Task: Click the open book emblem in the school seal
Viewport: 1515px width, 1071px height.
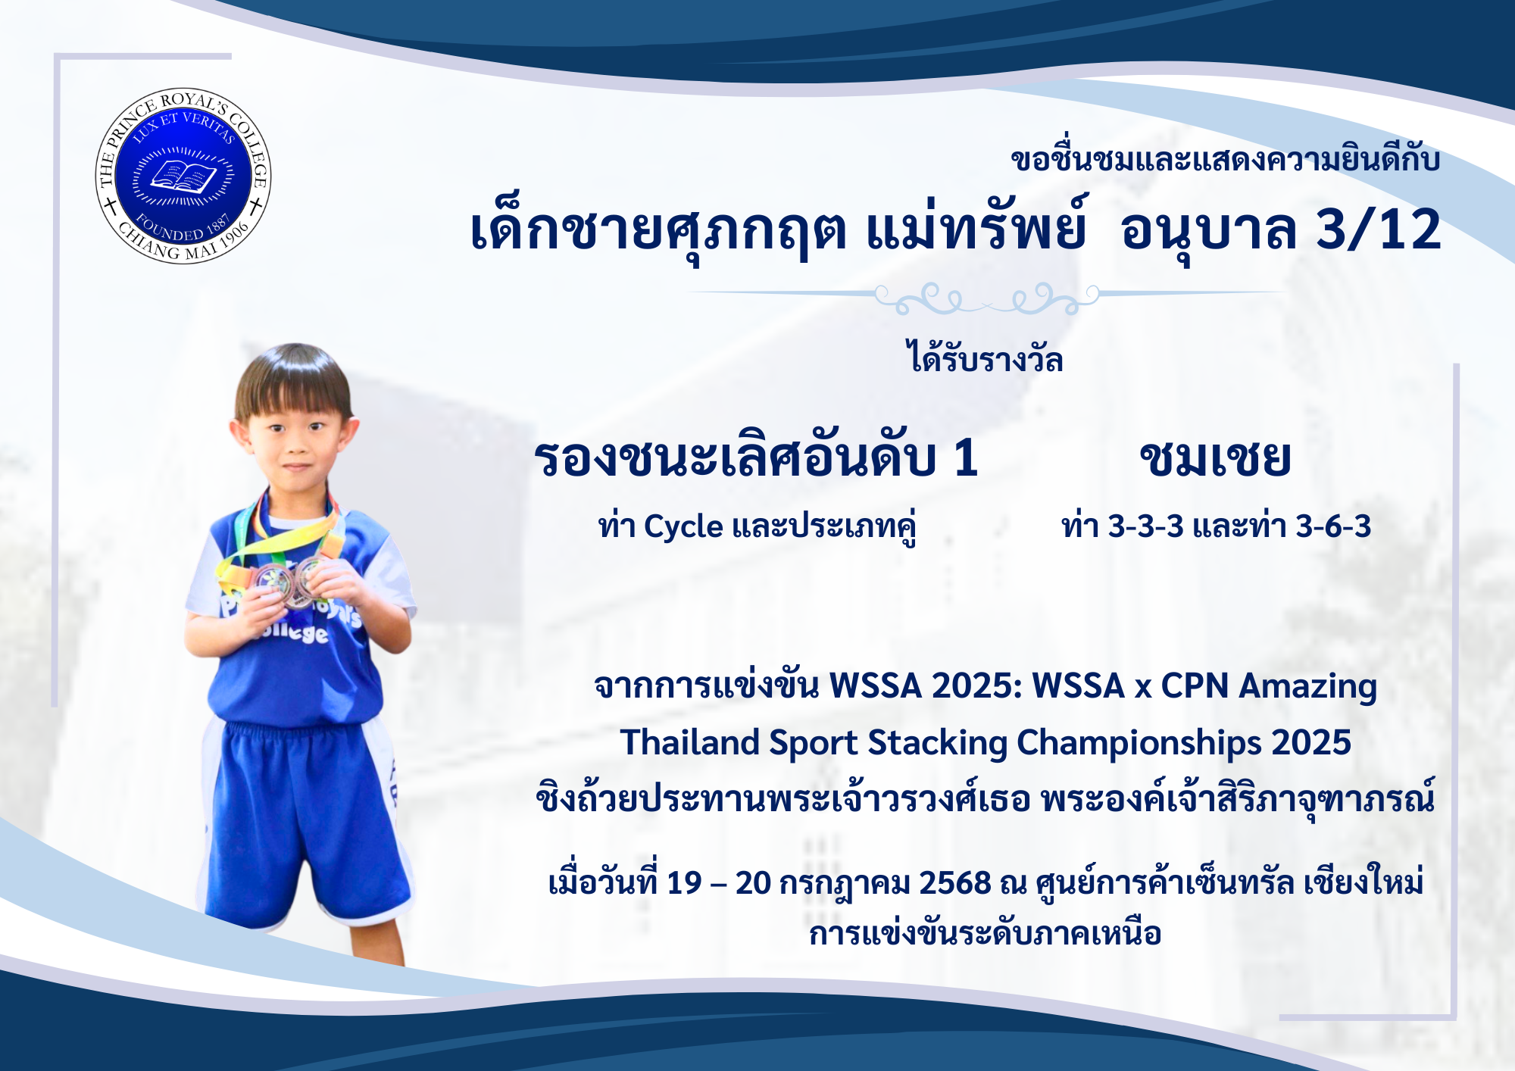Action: tap(183, 177)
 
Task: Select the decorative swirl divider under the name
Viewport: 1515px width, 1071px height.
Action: tap(986, 298)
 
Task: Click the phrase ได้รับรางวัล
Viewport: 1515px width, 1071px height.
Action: tap(985, 356)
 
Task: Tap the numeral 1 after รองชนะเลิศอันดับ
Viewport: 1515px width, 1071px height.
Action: tap(965, 458)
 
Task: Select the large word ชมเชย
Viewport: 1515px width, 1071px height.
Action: tap(1215, 458)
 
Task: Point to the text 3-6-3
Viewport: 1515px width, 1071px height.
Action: tap(1333, 526)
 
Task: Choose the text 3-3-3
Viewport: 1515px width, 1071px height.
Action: tap(1145, 526)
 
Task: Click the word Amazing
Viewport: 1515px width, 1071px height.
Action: tap(1307, 687)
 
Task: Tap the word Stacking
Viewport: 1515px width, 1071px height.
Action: tap(937, 743)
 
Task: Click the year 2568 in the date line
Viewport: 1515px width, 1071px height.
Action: tap(955, 883)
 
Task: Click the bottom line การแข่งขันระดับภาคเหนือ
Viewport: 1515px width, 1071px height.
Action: tap(985, 933)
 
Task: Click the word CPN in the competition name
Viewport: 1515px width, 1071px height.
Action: tap(1195, 686)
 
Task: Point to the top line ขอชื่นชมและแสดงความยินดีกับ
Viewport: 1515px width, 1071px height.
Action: tap(1225, 159)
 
